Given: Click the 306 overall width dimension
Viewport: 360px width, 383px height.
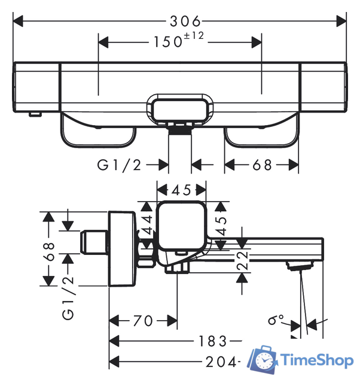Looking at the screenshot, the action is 185,22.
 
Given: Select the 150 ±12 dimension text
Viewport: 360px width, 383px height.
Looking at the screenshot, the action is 179,40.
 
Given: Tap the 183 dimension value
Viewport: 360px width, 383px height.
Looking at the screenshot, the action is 213,341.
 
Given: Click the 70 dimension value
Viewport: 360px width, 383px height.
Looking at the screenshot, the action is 143,321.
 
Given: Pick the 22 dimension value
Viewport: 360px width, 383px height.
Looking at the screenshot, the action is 242,261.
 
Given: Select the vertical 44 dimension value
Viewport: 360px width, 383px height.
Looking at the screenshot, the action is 148,225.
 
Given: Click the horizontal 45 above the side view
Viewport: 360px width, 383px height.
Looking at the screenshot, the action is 181,190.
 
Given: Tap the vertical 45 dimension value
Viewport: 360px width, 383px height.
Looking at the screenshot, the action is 221,226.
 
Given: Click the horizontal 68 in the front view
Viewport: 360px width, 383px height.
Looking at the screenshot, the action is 262,165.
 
